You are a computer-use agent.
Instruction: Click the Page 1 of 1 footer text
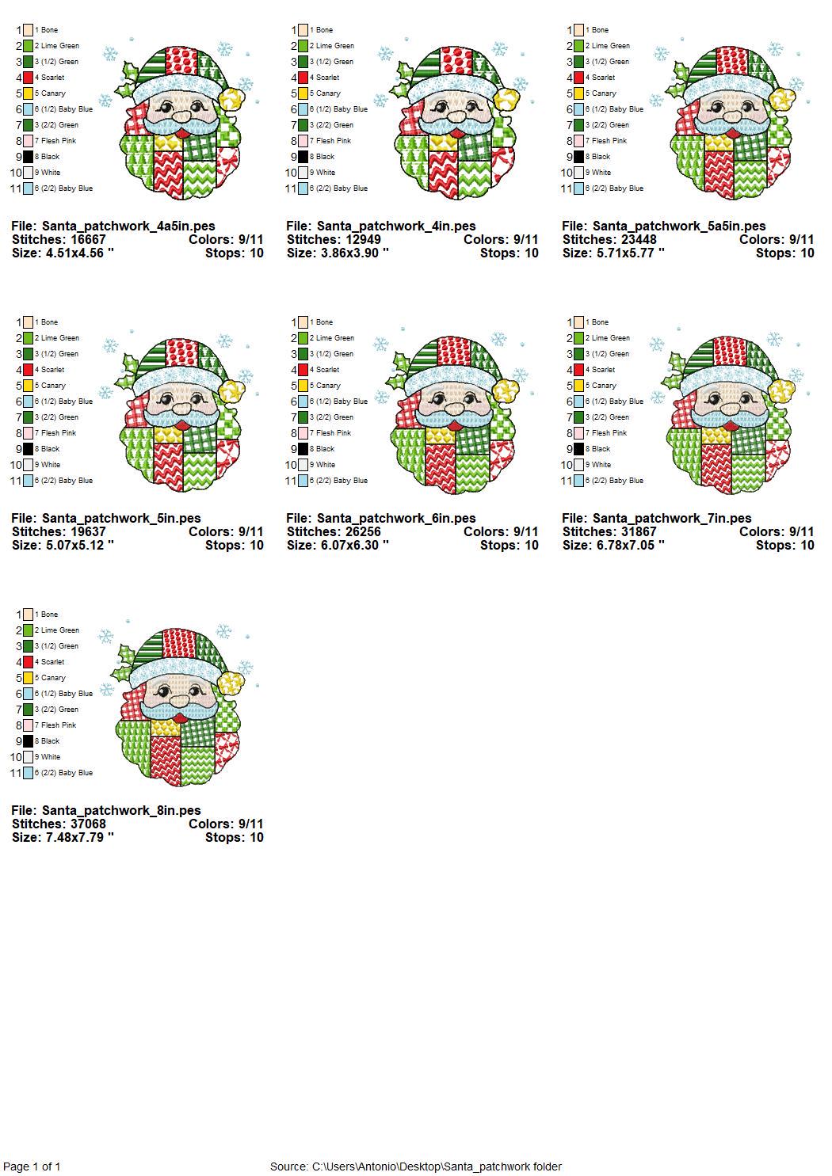pos(32,1166)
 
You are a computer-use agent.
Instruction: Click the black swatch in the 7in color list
pos(578,449)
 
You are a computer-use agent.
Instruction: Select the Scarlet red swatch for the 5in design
pos(28,370)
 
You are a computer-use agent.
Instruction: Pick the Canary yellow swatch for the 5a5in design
pos(578,93)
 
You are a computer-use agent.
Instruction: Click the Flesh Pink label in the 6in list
pos(334,433)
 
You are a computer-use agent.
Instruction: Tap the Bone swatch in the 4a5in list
pos(28,30)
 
